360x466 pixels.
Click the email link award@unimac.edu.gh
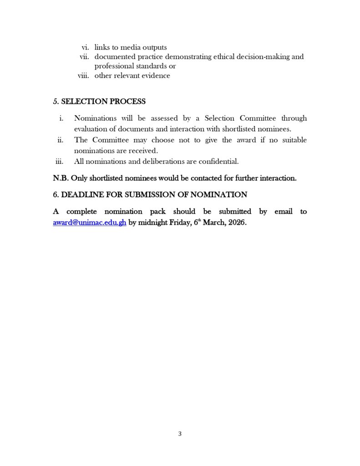(90, 223)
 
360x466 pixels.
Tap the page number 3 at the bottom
(180, 434)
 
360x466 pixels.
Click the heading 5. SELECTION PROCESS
(99, 101)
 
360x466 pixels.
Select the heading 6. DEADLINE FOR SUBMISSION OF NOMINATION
(150, 195)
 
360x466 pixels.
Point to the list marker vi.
(85, 47)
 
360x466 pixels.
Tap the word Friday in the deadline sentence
(179, 223)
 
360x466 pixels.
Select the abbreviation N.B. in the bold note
(61, 178)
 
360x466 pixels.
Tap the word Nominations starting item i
(95, 118)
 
